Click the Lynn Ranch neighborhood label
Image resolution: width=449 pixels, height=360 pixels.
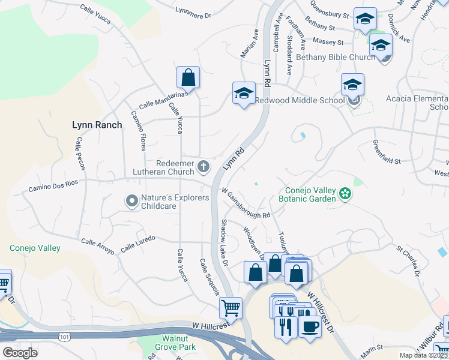click(x=97, y=125)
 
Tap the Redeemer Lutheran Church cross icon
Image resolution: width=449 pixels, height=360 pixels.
click(x=203, y=166)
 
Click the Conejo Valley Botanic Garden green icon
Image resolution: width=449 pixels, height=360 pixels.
click(x=345, y=193)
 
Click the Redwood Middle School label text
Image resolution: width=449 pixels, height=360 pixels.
click(x=300, y=101)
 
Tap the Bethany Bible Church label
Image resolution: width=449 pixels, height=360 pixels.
click(x=335, y=58)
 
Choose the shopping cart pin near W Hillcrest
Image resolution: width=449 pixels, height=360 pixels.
click(x=231, y=308)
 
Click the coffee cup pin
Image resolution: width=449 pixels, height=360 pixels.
click(x=310, y=327)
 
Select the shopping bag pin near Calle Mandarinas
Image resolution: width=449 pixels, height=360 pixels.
click(x=188, y=77)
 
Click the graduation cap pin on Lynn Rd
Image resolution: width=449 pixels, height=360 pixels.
click(x=243, y=93)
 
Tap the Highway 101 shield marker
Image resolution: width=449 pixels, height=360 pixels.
click(x=64, y=338)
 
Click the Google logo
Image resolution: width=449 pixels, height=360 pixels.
click(x=20, y=352)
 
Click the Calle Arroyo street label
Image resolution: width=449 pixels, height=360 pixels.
click(x=97, y=247)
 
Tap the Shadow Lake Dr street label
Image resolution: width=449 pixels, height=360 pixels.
click(x=224, y=242)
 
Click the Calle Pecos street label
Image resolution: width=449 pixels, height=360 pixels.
click(x=79, y=153)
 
